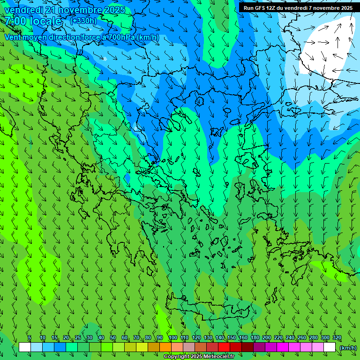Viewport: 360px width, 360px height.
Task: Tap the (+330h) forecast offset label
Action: point(83,21)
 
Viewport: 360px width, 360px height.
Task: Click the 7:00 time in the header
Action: point(15,21)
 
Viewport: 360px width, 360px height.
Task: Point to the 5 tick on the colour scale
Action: point(30,338)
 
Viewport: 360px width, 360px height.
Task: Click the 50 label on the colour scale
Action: point(112,338)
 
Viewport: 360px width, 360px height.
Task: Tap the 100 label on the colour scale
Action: point(173,338)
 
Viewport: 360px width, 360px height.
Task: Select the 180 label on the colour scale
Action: point(255,338)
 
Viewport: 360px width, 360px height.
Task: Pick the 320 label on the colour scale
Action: point(337,338)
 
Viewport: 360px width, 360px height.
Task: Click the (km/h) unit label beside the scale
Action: point(348,347)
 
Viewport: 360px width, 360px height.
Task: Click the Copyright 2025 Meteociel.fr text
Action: point(199,357)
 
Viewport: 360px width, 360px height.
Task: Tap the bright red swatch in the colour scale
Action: point(224,347)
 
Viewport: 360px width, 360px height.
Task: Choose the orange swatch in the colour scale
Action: point(165,347)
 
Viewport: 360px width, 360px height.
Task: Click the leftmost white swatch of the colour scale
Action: point(25,347)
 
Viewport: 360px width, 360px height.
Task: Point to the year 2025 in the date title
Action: point(113,10)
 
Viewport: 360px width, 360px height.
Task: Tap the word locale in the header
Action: point(46,21)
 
